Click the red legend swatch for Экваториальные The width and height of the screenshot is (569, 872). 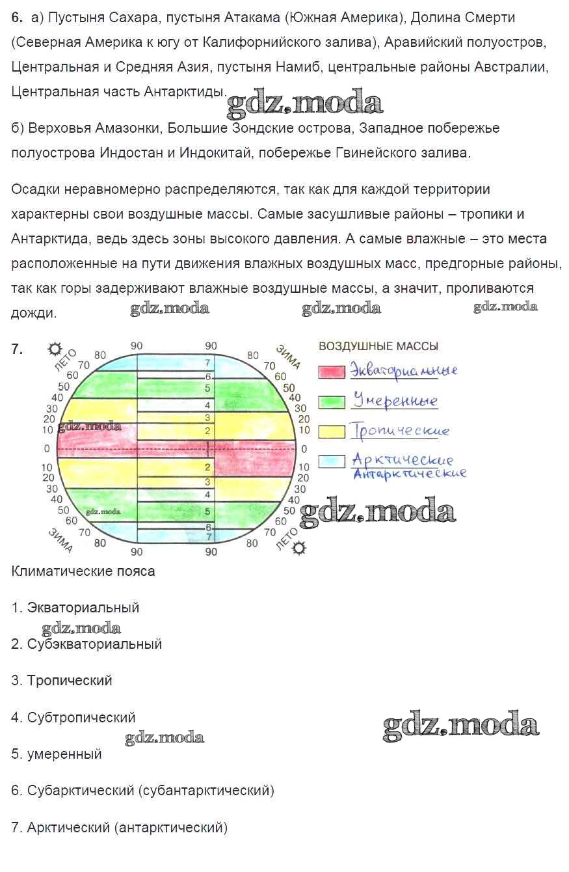(x=331, y=372)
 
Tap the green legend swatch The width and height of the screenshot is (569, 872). (x=331, y=402)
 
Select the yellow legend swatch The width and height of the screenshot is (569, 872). (x=331, y=431)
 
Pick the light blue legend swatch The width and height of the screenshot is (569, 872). (x=331, y=462)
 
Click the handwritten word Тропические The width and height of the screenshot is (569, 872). (x=400, y=431)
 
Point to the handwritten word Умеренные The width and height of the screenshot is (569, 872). (x=395, y=400)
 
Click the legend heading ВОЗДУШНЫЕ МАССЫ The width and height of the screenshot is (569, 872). (x=378, y=346)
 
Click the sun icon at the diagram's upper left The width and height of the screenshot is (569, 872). (x=54, y=349)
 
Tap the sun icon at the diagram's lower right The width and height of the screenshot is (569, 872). (x=298, y=548)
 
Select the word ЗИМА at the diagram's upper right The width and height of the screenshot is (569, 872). (x=287, y=358)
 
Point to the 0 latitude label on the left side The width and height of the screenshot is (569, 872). (x=46, y=449)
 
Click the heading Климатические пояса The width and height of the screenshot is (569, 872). (x=83, y=571)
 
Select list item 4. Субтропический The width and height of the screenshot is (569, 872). (x=73, y=718)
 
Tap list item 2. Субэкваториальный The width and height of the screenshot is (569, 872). (x=86, y=644)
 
